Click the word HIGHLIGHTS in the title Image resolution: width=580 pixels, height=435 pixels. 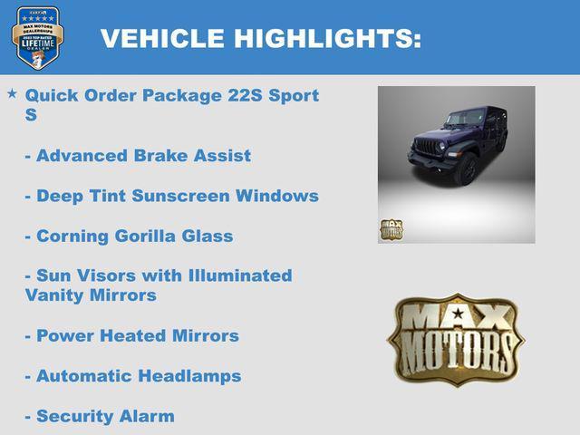tap(327, 39)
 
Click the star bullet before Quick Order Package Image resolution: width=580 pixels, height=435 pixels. tap(12, 94)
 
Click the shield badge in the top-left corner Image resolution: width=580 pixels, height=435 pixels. tap(37, 38)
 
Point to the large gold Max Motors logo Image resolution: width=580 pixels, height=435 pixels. tap(455, 338)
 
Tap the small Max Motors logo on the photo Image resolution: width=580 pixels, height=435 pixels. tap(391, 230)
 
